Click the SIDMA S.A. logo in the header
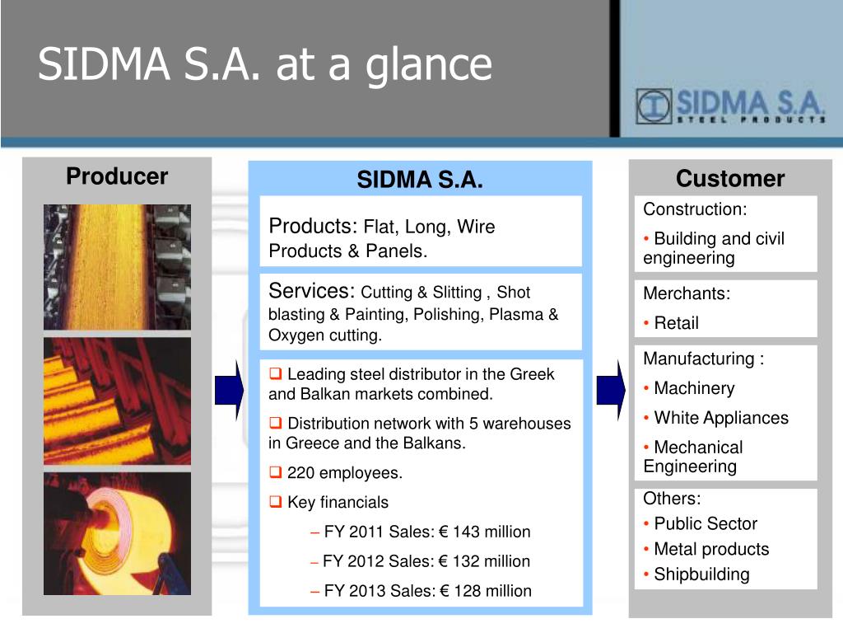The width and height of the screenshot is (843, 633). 731,106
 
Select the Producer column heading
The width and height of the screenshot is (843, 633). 117,176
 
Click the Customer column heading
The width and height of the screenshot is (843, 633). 730,179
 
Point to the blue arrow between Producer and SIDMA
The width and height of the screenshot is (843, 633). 229,390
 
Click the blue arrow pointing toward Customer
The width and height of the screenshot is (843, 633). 612,390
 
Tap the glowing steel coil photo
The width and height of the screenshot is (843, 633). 117,534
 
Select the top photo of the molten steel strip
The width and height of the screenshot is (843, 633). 117,267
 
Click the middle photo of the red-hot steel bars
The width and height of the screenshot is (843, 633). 117,401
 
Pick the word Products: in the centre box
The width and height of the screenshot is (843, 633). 313,227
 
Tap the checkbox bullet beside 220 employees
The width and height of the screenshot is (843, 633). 275,472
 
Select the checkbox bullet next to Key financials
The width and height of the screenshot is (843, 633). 275,502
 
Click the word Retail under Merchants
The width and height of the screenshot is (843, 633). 677,323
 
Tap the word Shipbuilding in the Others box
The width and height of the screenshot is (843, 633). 701,574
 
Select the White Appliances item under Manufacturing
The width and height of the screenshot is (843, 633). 721,418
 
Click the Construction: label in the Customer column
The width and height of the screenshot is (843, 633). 695,209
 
